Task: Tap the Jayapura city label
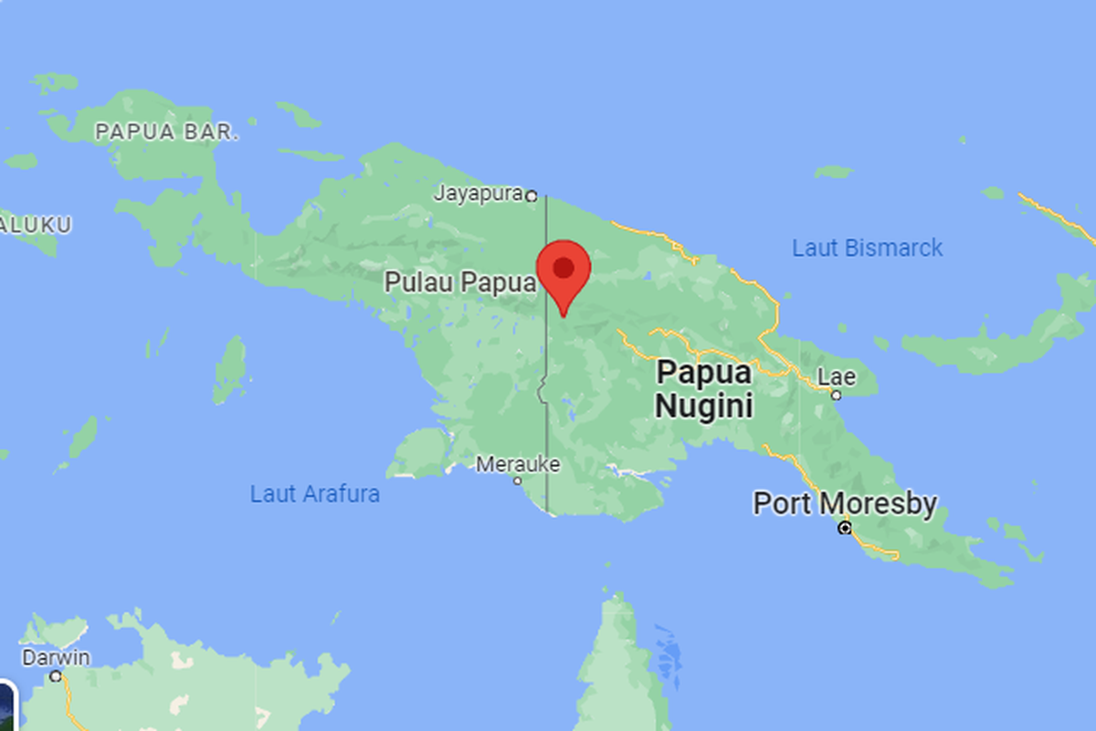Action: click(478, 194)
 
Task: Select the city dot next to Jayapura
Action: click(531, 195)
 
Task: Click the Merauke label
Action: click(517, 464)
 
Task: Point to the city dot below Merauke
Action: click(517, 481)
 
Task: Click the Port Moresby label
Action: click(844, 503)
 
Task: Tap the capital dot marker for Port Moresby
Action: click(845, 528)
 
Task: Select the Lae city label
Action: click(836, 376)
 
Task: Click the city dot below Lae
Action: click(836, 395)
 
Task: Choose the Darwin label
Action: click(57, 658)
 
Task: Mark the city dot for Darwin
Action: click(56, 676)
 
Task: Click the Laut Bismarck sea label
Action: click(867, 248)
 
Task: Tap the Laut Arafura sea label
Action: click(315, 494)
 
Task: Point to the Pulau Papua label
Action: click(459, 282)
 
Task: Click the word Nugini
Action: click(703, 405)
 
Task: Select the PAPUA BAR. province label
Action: click(167, 132)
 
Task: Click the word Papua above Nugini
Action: click(704, 373)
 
